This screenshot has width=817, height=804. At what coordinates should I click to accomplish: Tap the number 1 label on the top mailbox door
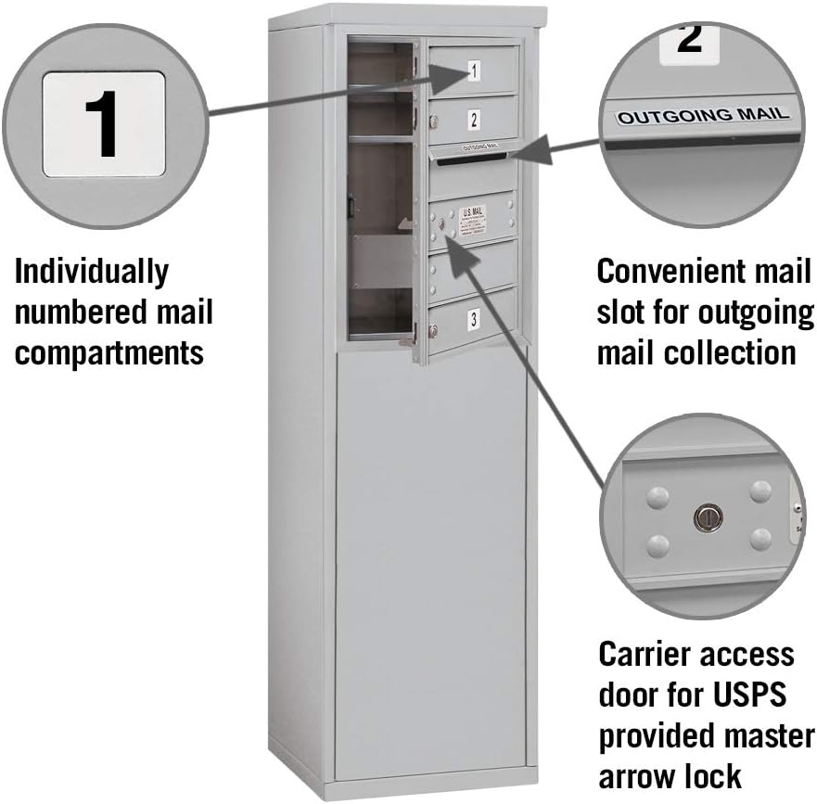click(x=473, y=70)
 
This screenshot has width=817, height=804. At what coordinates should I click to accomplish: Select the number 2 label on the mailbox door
click(x=473, y=119)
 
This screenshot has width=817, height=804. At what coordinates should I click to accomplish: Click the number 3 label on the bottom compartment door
click(x=474, y=320)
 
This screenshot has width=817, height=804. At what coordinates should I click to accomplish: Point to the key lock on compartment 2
click(x=433, y=121)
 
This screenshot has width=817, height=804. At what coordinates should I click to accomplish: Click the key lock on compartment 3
click(x=433, y=331)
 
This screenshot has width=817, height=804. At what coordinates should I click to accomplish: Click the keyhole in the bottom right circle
click(x=707, y=517)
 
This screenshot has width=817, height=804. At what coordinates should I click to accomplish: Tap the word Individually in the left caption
click(x=92, y=273)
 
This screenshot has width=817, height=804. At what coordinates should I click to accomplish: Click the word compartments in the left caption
click(x=109, y=352)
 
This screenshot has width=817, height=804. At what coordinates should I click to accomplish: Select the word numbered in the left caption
click(x=74, y=313)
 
